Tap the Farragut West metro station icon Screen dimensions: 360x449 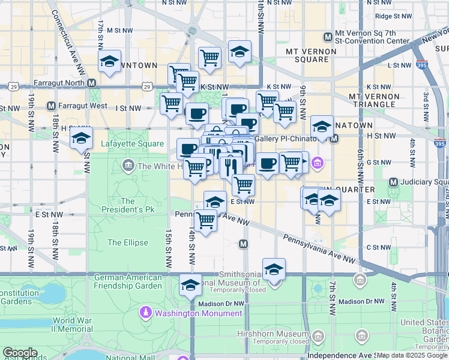pyautogui.click(x=51, y=106)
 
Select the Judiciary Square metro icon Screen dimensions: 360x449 pyautogui.click(x=394, y=182)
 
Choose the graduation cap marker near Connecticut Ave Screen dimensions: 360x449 pyautogui.click(x=110, y=61)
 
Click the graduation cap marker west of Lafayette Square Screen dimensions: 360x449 pyautogui.click(x=81, y=138)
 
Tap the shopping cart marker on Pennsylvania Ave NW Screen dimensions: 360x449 pyautogui.click(x=206, y=221)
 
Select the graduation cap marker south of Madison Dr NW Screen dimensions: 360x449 pyautogui.click(x=191, y=284)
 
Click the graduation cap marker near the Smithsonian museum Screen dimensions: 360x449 pyautogui.click(x=274, y=269)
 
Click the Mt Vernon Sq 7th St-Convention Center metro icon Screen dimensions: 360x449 pyautogui.click(x=327, y=37)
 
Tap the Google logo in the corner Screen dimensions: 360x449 pyautogui.click(x=19, y=353)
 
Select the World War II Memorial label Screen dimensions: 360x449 pyautogui.click(x=72, y=325)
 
